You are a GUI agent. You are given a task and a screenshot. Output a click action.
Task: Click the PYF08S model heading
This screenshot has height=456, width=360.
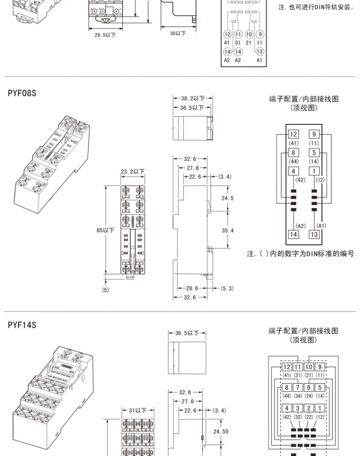(x=22, y=93)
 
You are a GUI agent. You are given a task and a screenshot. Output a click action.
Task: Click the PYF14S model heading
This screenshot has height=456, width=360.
(x=22, y=325)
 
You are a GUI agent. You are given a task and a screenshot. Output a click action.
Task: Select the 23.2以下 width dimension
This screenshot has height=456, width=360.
(x=132, y=172)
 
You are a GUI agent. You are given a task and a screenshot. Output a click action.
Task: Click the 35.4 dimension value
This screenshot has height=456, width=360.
(x=227, y=231)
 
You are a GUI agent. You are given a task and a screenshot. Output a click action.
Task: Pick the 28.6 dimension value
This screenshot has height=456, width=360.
(x=192, y=288)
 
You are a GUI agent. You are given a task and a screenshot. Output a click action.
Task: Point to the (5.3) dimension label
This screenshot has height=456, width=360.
(x=227, y=288)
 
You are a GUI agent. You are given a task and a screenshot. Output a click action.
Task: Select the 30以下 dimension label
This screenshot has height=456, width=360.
(x=178, y=33)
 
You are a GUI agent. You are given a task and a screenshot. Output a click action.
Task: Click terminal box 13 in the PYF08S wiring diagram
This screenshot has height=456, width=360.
(x=314, y=234)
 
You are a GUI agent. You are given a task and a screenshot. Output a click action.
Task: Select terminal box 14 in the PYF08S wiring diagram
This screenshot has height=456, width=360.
(x=293, y=234)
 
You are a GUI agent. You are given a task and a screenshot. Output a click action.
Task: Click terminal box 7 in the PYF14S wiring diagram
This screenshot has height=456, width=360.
(x=298, y=387)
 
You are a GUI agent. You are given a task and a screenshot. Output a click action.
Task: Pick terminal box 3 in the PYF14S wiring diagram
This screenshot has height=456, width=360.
(x=298, y=408)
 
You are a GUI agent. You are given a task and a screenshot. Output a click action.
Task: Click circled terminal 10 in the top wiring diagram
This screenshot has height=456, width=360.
(x=249, y=35)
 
